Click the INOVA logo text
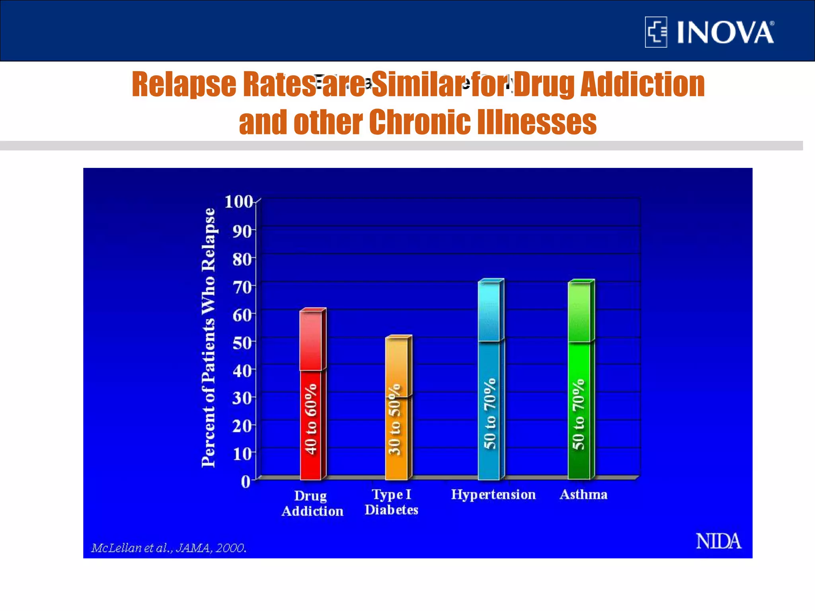click(725, 33)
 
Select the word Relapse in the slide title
click(184, 84)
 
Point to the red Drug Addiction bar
click(311, 398)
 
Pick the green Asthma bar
click(579, 382)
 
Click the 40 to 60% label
click(311, 418)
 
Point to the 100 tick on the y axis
click(239, 202)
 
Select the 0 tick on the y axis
click(246, 482)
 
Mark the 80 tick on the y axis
click(242, 259)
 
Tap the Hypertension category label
click(493, 495)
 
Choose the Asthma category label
click(583, 495)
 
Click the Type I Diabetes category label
click(392, 502)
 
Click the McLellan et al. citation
click(169, 548)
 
